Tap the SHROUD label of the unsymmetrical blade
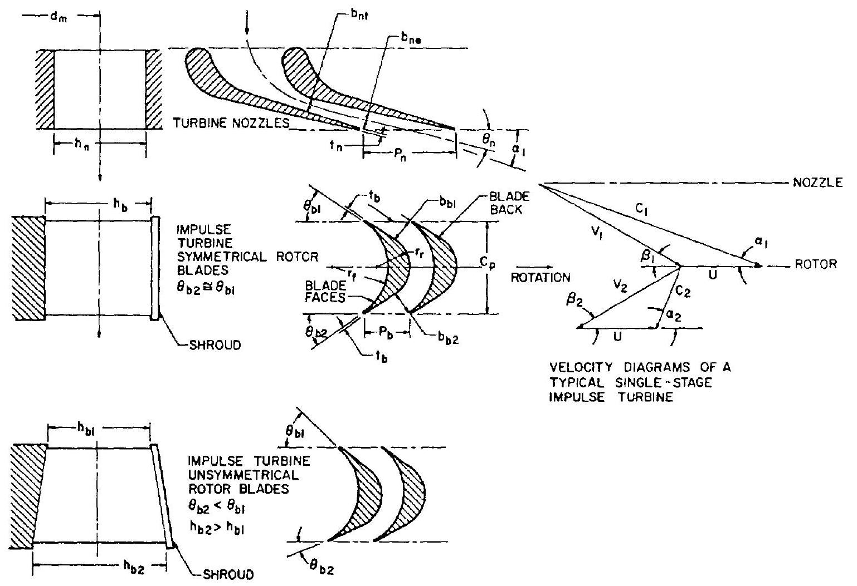226,573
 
